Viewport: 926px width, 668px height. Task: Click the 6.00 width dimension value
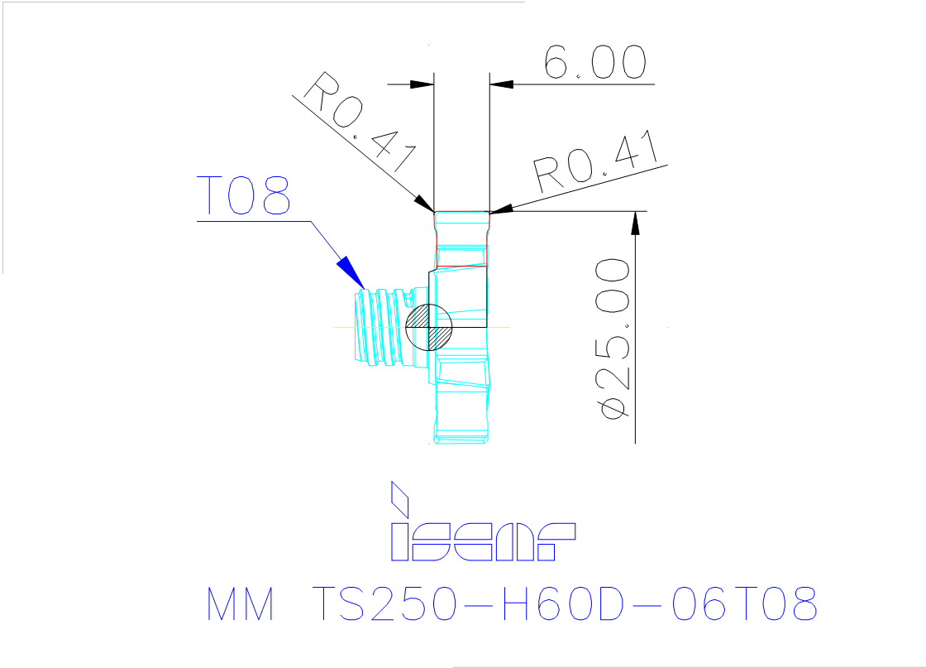(x=594, y=63)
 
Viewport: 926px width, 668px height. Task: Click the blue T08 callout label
(x=245, y=196)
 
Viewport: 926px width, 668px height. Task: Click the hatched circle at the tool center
(x=430, y=326)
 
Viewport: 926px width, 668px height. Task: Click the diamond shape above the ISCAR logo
(x=400, y=497)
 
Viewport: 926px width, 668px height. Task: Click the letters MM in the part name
(x=240, y=606)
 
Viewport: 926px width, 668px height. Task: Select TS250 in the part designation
(x=383, y=606)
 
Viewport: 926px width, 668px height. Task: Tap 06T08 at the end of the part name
(x=744, y=606)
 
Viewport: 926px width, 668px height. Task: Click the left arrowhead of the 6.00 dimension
(x=422, y=84)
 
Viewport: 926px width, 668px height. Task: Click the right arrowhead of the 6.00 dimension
(x=501, y=84)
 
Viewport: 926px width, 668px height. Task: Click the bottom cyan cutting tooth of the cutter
(x=461, y=426)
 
